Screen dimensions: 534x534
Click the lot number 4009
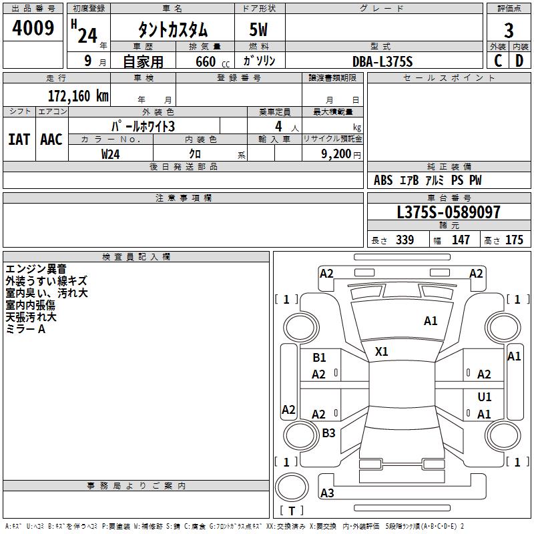tap(33, 28)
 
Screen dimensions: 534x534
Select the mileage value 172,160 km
tap(78, 96)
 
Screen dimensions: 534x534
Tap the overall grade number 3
tap(509, 31)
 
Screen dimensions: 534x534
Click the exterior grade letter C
tap(498, 61)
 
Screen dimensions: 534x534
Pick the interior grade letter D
tap(519, 61)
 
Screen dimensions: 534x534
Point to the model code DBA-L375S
tap(382, 61)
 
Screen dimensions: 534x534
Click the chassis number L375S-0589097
tap(449, 212)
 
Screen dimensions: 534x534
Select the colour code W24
tap(110, 154)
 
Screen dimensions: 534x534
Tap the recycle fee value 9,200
tap(336, 154)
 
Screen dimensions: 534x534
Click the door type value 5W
tap(258, 29)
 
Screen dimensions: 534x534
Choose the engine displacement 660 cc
tap(212, 61)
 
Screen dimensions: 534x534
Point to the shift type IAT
tap(19, 140)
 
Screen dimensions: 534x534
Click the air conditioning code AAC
tap(51, 140)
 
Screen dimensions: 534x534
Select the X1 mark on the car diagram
tap(381, 352)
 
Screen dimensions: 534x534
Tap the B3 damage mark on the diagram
tap(328, 433)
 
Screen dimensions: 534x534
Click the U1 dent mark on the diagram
tap(485, 396)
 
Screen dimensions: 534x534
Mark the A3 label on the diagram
tap(327, 493)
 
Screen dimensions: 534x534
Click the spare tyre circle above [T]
tap(292, 487)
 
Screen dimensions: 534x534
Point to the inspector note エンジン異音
tap(36, 269)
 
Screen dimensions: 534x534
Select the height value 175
tap(514, 240)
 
